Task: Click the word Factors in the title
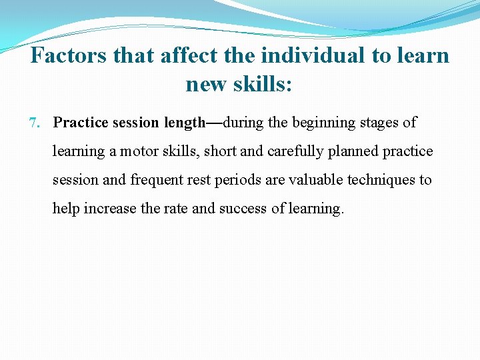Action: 69,55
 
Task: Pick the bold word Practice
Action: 81,123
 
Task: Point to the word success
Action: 243,209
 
